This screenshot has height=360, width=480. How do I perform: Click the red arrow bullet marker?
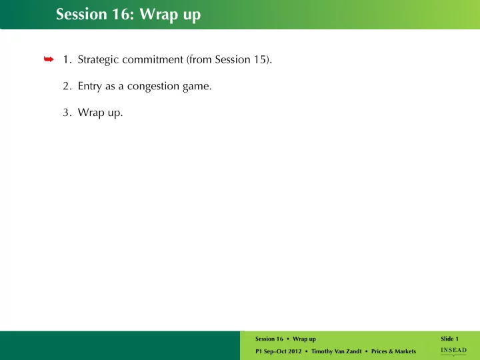[49, 59]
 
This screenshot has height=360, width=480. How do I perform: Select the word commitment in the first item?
[153, 59]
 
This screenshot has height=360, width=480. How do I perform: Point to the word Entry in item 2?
[90, 86]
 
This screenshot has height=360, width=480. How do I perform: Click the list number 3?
[67, 113]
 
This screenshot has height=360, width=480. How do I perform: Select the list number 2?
[67, 86]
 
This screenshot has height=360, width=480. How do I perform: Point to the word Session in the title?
[81, 14]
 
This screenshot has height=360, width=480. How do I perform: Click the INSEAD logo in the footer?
[454, 351]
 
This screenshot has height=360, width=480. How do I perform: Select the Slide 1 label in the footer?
[450, 339]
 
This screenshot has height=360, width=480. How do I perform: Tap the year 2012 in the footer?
[294, 351]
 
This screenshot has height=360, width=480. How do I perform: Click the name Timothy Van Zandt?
[337, 351]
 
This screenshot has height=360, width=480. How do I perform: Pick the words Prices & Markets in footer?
[394, 351]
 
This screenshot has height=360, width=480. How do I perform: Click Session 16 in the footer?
[269, 339]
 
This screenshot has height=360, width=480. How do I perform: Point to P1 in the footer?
[259, 351]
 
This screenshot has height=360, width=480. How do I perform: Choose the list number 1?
[67, 59]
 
